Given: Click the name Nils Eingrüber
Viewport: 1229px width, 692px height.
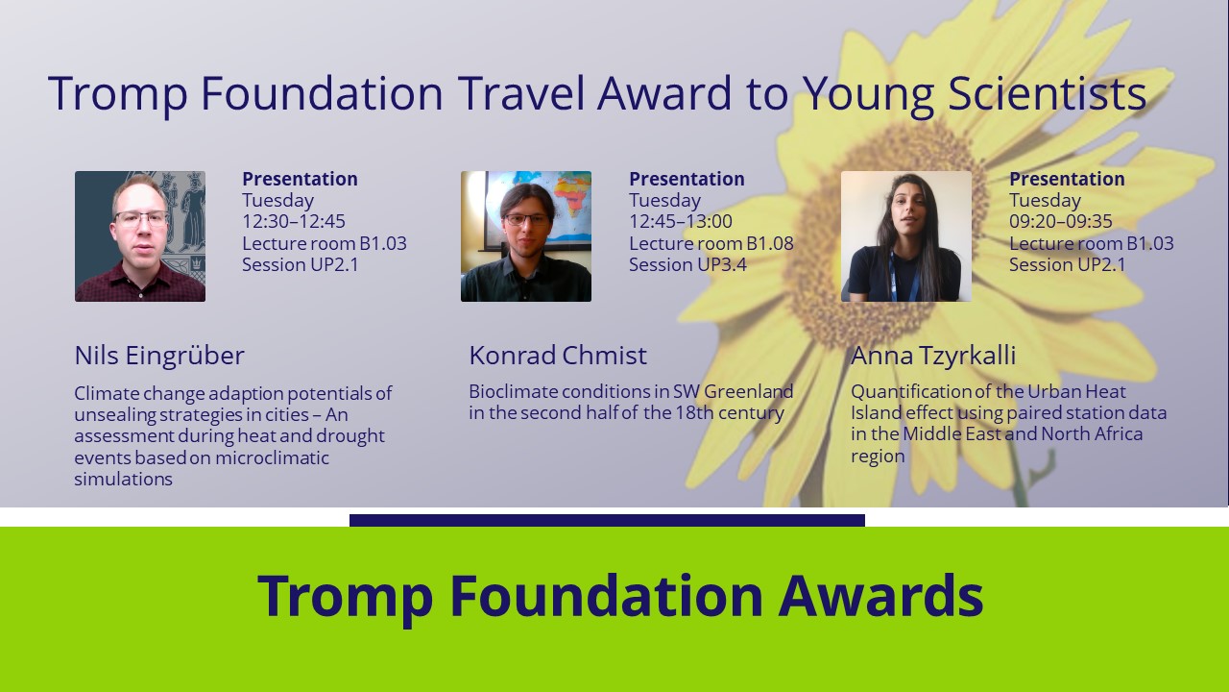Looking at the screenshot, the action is tap(159, 356).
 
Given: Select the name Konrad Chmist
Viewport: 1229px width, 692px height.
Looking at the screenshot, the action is tap(558, 356).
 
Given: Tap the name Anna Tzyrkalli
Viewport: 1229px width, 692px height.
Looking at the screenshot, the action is tap(933, 356).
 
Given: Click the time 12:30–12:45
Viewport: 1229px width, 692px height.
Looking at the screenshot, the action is tap(294, 221).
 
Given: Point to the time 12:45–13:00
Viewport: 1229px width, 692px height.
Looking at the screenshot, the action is tap(681, 221).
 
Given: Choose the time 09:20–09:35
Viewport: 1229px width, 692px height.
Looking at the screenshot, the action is tap(1061, 221).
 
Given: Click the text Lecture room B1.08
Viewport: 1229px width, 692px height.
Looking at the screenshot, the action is tap(711, 243).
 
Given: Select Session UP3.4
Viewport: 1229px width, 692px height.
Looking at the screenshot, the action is tap(687, 264).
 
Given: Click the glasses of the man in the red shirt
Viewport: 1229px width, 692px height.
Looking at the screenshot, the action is tap(141, 218).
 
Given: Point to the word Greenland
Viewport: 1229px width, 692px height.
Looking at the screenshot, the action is tap(748, 391).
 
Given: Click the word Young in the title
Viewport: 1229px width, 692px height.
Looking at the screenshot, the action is tap(868, 94).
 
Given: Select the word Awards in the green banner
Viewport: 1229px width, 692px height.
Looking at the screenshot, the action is tap(880, 596).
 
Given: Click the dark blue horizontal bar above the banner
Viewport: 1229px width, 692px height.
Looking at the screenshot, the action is tap(607, 520).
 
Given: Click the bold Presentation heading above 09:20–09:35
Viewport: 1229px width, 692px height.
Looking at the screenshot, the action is tap(1067, 179).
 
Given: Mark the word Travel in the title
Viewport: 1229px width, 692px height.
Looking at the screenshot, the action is tap(520, 93).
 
